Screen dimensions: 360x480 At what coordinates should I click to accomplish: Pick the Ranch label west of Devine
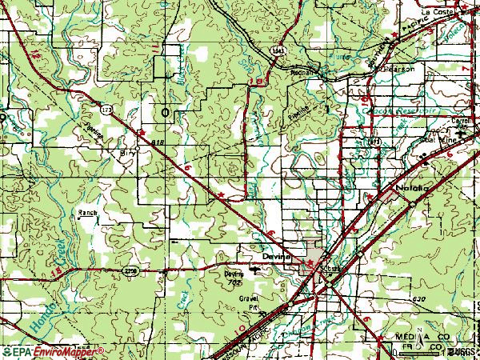click(87, 213)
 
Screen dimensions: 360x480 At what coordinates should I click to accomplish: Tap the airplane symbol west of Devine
click(255, 270)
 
